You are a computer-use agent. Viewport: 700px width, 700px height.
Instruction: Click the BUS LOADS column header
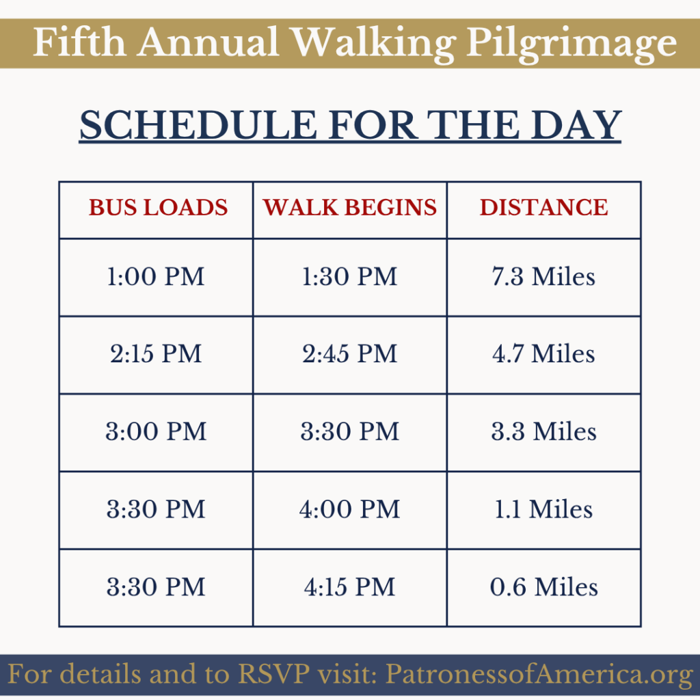[x=158, y=208]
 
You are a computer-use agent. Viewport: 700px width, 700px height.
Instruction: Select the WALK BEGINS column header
[x=349, y=208]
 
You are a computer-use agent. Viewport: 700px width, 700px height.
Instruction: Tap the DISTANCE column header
[x=543, y=208]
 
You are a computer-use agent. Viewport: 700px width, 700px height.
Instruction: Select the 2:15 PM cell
[x=156, y=354]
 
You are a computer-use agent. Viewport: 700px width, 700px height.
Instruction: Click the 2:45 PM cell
[x=349, y=354]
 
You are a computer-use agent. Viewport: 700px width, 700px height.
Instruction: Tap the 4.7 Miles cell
[x=543, y=354]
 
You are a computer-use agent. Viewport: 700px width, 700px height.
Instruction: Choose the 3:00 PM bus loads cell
[x=156, y=432]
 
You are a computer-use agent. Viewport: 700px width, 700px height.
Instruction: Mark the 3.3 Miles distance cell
[x=543, y=432]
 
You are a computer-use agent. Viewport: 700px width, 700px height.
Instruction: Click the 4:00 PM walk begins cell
[x=349, y=509]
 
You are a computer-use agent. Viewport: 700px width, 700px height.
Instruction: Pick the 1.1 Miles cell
[x=543, y=509]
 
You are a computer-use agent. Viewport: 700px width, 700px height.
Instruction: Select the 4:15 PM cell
[x=349, y=587]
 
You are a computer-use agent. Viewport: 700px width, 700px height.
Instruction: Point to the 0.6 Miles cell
[x=543, y=587]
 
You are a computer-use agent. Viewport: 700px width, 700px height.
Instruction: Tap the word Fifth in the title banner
[x=79, y=42]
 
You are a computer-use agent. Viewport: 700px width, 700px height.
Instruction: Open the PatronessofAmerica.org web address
[x=539, y=674]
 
